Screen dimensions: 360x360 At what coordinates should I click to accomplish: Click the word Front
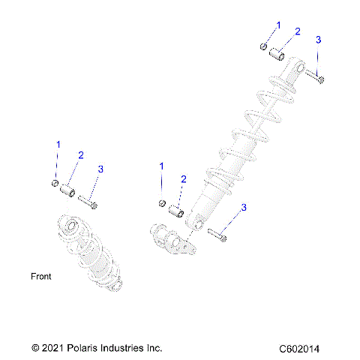pyautogui.click(x=41, y=277)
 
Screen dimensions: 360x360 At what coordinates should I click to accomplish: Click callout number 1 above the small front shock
pyautogui.click(x=56, y=143)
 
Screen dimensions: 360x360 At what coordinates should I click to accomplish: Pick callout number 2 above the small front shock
pyautogui.click(x=80, y=154)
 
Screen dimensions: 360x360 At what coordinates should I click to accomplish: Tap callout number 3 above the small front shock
pyautogui.click(x=101, y=169)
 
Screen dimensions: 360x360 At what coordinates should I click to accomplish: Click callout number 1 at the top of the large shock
pyautogui.click(x=278, y=25)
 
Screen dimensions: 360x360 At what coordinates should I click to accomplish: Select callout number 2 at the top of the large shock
pyautogui.click(x=297, y=31)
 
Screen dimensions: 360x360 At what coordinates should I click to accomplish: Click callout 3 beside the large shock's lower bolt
pyautogui.click(x=243, y=207)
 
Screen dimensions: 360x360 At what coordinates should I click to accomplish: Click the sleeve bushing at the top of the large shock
pyautogui.click(x=274, y=55)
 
